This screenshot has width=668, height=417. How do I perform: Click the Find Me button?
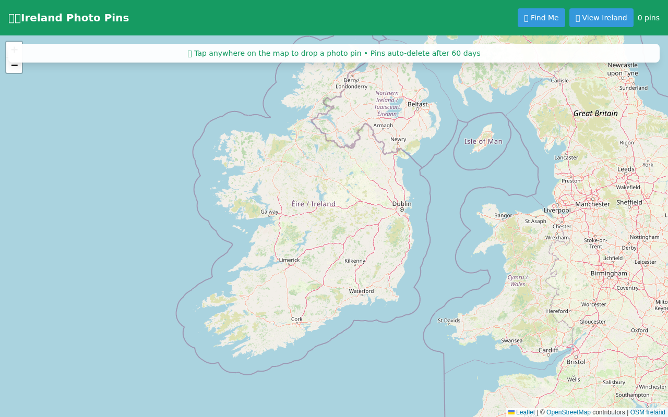pyautogui.click(x=541, y=18)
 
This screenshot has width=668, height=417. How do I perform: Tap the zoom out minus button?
pyautogui.click(x=14, y=66)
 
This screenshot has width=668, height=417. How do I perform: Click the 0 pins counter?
pyautogui.click(x=648, y=18)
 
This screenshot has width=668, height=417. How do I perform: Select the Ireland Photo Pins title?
pyautogui.click(x=69, y=18)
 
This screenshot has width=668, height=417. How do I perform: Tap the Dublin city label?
pyautogui.click(x=402, y=204)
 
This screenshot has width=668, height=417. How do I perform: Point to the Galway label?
pyautogui.click(x=269, y=212)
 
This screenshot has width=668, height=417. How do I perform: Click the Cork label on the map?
pyautogui.click(x=297, y=319)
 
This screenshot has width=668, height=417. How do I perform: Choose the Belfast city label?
pyautogui.click(x=417, y=104)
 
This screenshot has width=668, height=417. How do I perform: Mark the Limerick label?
pyautogui.click(x=289, y=260)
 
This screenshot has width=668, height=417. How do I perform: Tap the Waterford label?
pyautogui.click(x=361, y=291)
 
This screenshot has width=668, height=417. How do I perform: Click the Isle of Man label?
pyautogui.click(x=483, y=141)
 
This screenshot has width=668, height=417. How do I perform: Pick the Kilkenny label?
pyautogui.click(x=355, y=261)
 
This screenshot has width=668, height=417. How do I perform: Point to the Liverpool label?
pyautogui.click(x=557, y=211)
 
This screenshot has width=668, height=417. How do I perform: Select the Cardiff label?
pyautogui.click(x=548, y=350)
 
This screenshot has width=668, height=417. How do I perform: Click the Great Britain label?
pyautogui.click(x=595, y=113)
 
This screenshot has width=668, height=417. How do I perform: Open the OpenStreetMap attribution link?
pyautogui.click(x=568, y=412)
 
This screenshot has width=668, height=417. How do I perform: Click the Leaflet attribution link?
pyautogui.click(x=525, y=412)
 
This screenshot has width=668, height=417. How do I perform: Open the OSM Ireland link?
pyautogui.click(x=648, y=412)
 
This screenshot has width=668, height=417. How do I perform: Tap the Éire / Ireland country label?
pyautogui.click(x=313, y=204)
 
